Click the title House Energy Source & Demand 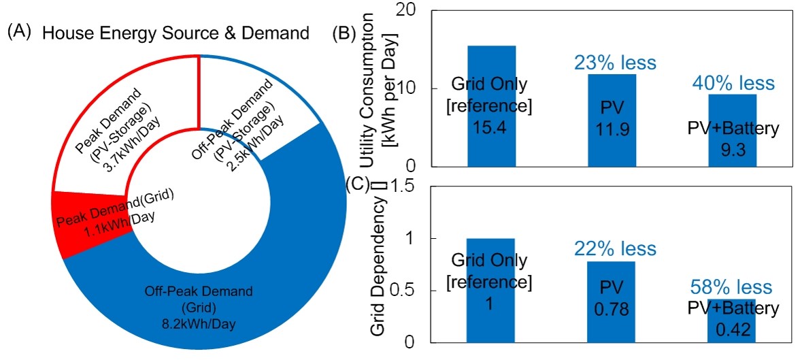(176, 33)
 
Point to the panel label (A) (18, 31)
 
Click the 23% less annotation (612, 63)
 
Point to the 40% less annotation (733, 83)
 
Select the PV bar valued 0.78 (612, 313)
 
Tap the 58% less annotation (733, 287)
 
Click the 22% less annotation (612, 248)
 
